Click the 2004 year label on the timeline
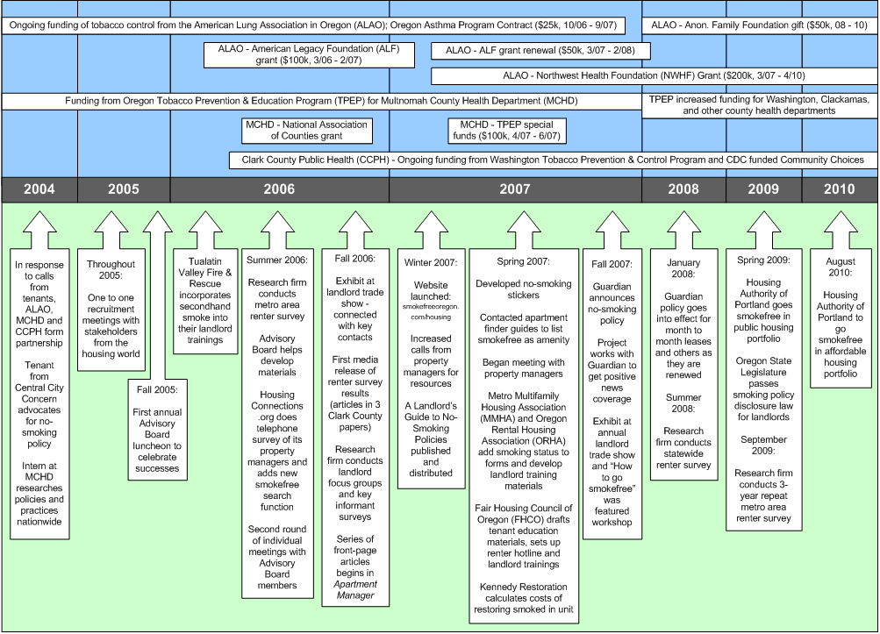click(x=39, y=189)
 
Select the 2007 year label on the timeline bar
click(x=515, y=189)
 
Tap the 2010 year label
click(x=839, y=189)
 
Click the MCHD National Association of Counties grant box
click(x=307, y=131)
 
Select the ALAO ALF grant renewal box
click(x=541, y=51)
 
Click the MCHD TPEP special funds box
click(x=505, y=131)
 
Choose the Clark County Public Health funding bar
click(x=552, y=160)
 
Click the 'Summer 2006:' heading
click(x=276, y=261)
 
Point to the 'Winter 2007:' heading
click(x=430, y=262)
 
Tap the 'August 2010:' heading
click(x=841, y=261)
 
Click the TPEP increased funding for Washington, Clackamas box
click(x=759, y=106)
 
